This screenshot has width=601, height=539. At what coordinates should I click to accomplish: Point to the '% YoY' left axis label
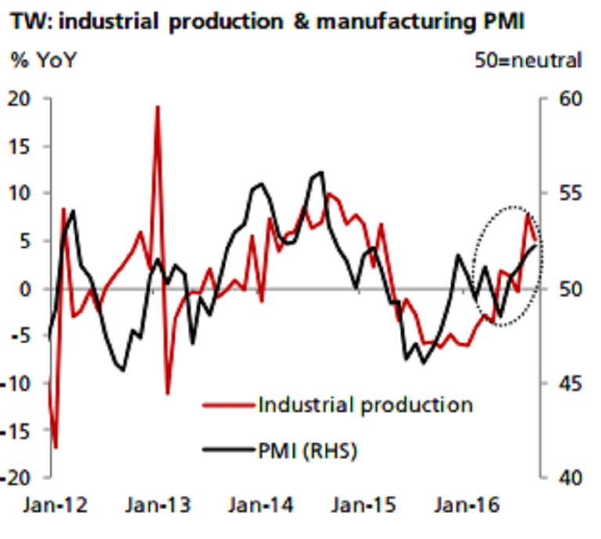coord(45,59)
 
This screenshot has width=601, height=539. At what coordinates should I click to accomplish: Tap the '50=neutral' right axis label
coord(529,59)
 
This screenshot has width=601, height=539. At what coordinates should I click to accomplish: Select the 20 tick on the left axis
coord(28,99)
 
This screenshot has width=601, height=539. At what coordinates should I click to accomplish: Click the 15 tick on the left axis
coord(28,146)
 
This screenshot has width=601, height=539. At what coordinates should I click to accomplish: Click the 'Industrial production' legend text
coord(365,404)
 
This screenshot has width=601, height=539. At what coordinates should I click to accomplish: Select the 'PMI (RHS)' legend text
coord(307,451)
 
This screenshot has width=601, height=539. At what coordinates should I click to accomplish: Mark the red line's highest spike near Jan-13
coord(157,106)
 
